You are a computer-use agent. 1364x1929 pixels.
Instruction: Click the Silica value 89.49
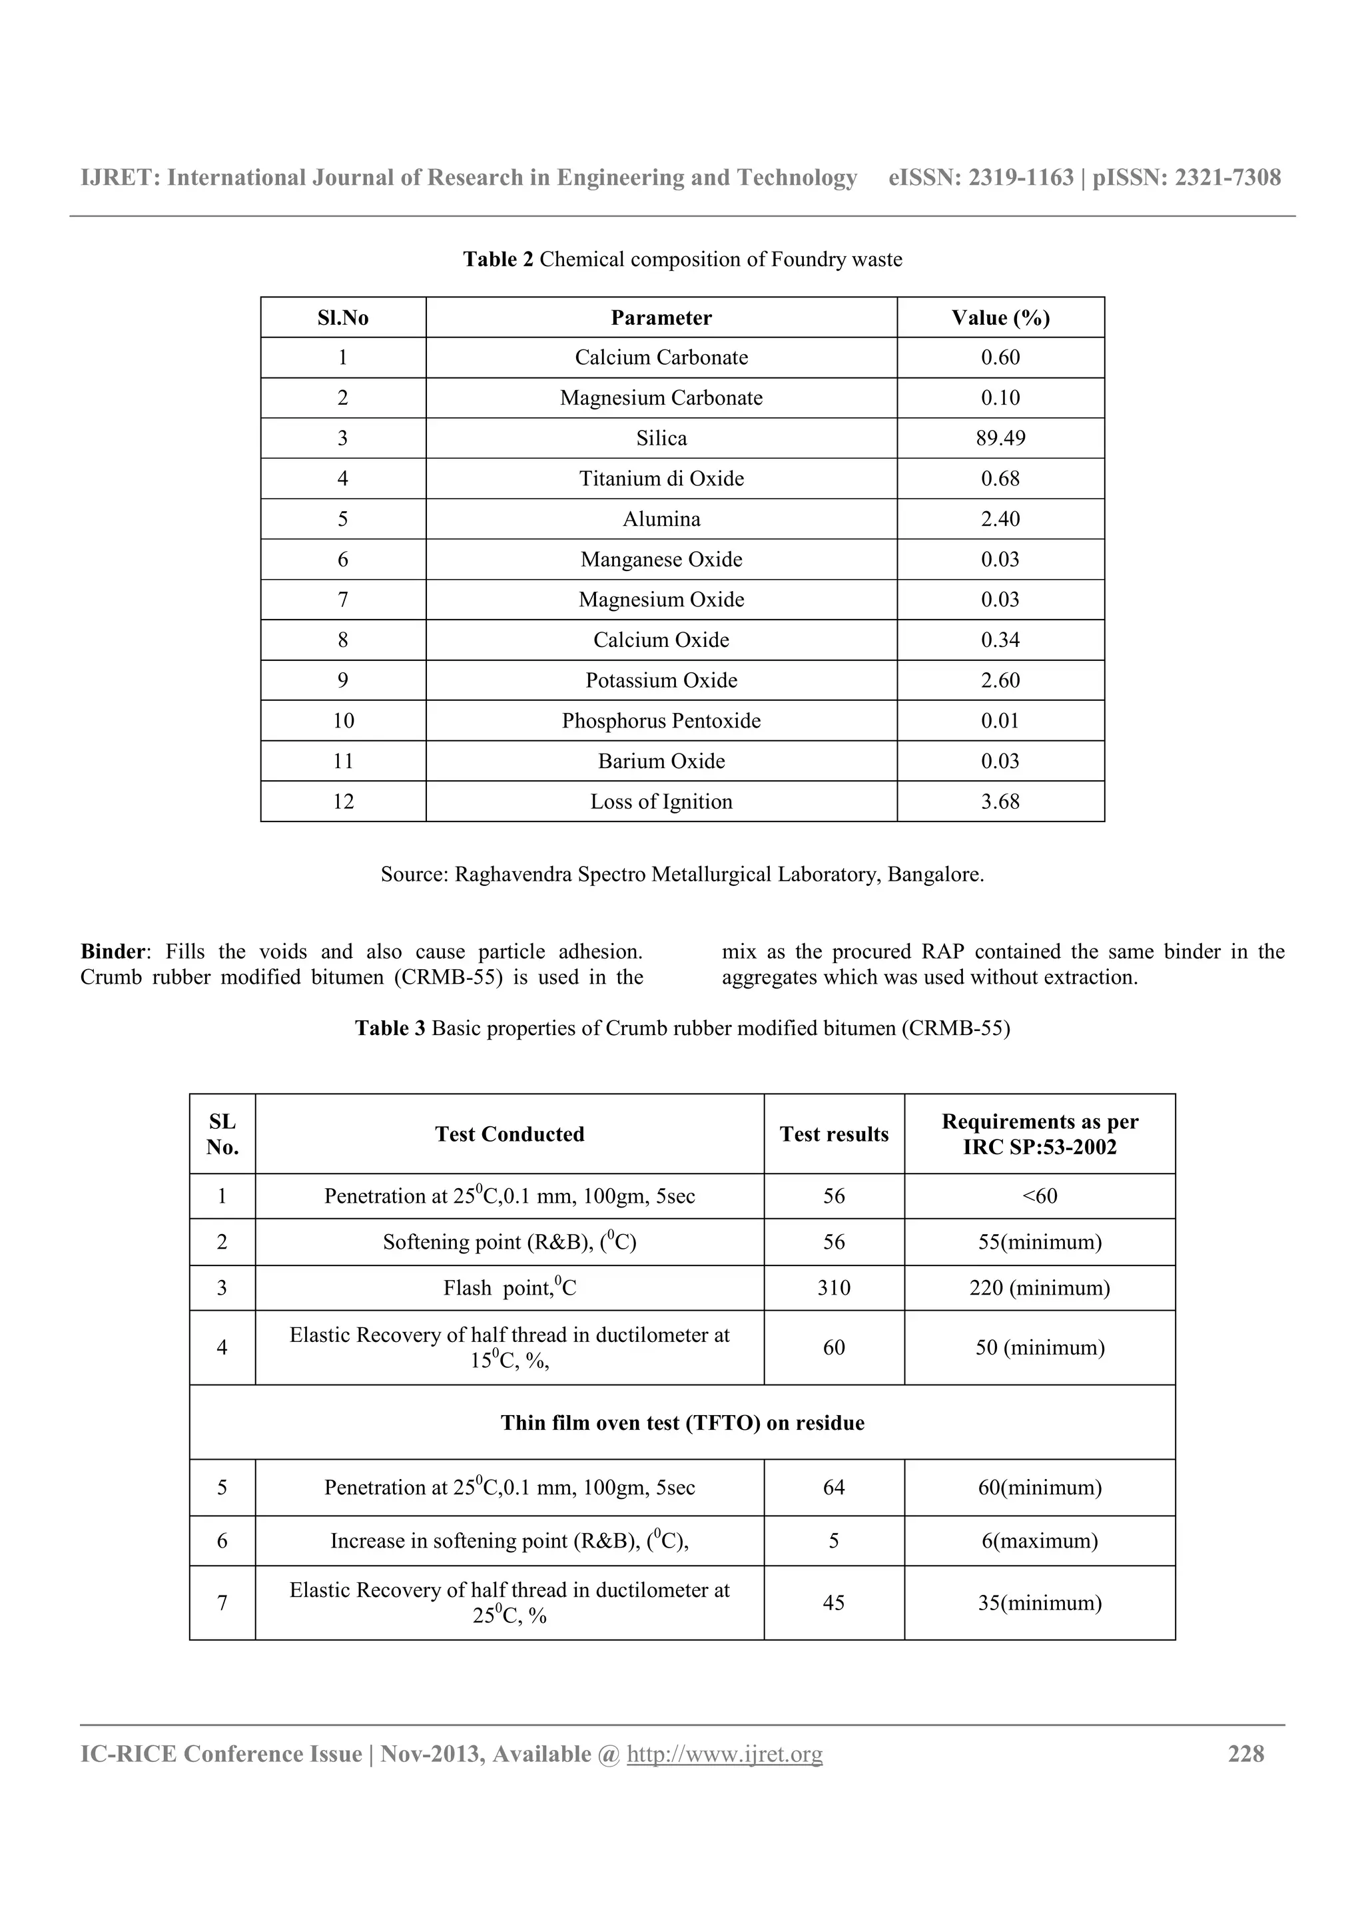tap(1000, 439)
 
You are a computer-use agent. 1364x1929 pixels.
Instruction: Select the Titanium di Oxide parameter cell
tap(661, 479)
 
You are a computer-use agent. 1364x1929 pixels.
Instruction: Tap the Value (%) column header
tap(1000, 318)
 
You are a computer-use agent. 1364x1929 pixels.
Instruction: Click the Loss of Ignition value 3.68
tap(1000, 801)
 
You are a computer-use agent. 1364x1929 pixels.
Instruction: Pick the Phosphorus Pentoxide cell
tap(661, 721)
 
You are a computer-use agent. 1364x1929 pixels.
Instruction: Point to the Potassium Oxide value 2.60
tap(1000, 680)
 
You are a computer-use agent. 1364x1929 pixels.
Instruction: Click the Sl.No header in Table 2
tap(343, 318)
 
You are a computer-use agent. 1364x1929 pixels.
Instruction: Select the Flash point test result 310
tap(834, 1288)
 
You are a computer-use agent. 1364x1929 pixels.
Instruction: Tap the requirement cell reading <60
tap(1040, 1196)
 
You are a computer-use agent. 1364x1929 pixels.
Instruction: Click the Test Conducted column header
tap(510, 1134)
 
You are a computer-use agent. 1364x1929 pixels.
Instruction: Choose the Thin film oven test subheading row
tap(683, 1422)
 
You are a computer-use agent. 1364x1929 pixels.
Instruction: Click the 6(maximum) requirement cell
tap(1040, 1541)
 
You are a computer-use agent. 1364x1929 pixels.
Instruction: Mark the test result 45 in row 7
tap(834, 1602)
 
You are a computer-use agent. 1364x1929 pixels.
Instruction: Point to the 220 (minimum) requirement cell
tap(1040, 1288)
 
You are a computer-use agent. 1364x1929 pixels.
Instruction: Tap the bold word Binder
tap(113, 952)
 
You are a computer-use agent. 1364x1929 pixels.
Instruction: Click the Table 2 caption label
tap(498, 260)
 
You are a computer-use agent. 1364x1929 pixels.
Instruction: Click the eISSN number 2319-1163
tap(1021, 177)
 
